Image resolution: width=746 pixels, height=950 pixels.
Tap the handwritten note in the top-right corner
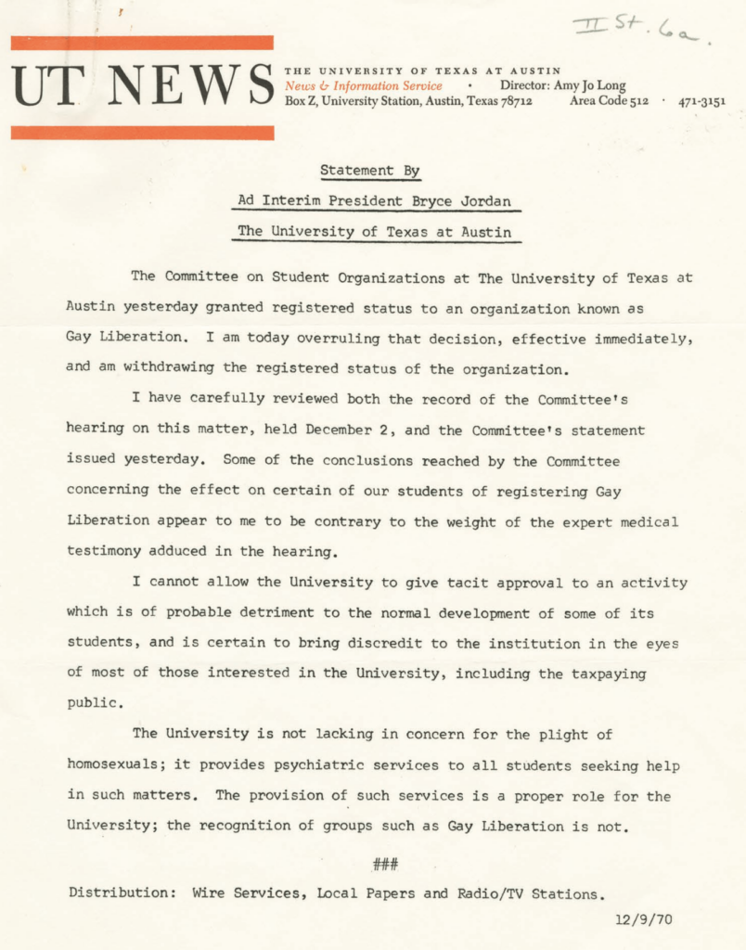coord(641,31)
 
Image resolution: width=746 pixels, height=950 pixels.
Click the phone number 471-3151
coord(701,101)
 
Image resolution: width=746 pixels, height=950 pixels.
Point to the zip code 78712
coord(512,101)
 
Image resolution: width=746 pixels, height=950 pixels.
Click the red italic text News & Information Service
coord(364,86)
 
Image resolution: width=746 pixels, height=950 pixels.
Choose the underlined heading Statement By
coord(370,171)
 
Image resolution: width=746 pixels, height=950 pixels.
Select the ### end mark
coord(385,865)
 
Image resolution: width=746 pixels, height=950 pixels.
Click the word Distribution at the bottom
coord(120,893)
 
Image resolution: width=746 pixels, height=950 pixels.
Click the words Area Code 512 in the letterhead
coord(609,101)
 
